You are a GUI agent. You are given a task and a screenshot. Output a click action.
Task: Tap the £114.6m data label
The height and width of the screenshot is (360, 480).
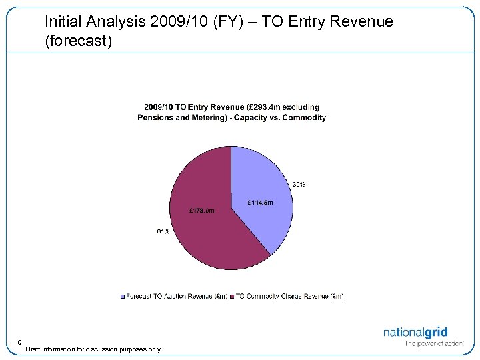point(260,203)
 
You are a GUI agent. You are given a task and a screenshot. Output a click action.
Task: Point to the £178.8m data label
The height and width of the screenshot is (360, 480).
point(203,212)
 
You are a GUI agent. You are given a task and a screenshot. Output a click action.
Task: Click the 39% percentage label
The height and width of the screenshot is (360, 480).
point(299,185)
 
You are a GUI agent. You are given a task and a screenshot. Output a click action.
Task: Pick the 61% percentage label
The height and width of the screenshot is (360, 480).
point(163,232)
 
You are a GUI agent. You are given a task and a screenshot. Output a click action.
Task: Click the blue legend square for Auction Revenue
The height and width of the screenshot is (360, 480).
point(122,296)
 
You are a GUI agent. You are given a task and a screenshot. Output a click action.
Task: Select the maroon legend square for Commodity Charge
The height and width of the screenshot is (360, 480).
point(231,296)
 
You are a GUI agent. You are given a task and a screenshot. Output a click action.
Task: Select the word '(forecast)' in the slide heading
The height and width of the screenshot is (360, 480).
point(79,41)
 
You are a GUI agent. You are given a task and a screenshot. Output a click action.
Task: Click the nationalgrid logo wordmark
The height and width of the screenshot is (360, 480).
point(415,332)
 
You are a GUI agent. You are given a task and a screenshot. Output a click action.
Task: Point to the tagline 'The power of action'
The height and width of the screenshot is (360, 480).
point(433,344)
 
